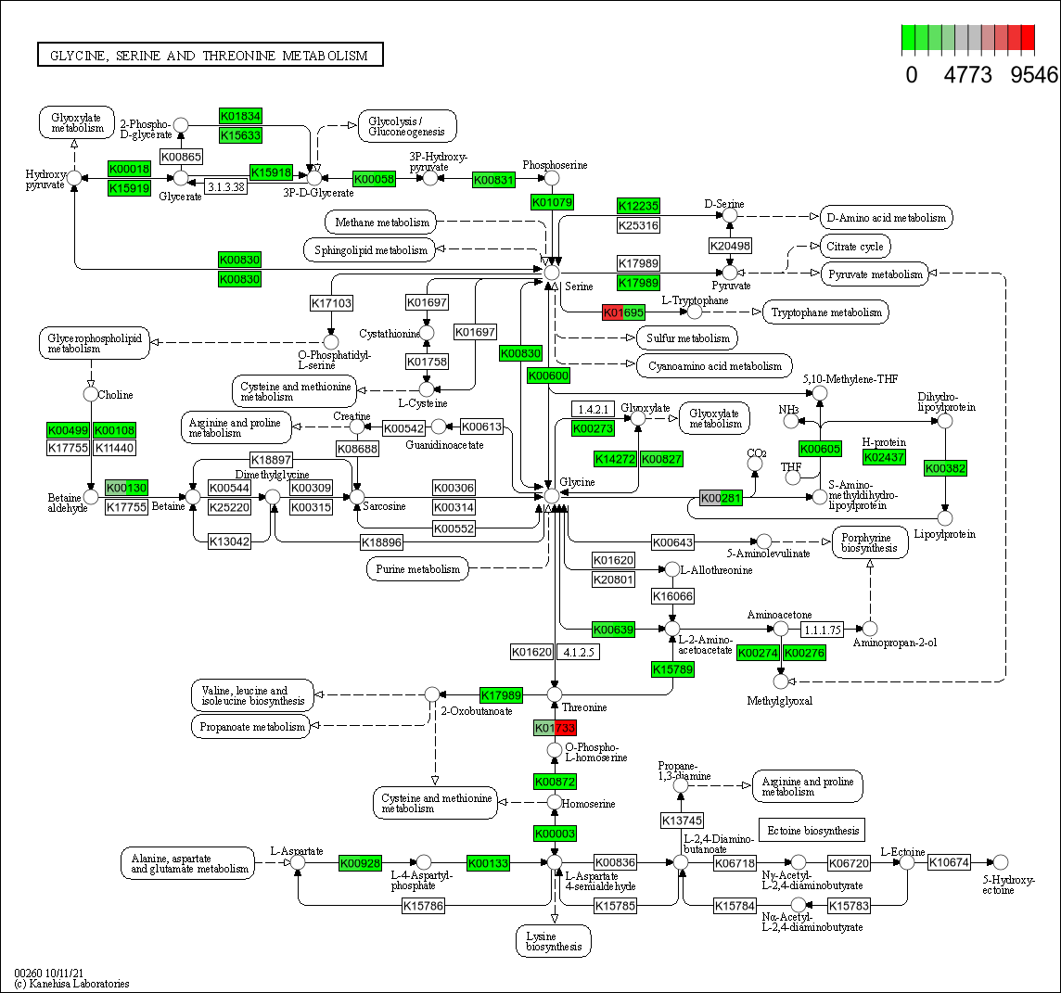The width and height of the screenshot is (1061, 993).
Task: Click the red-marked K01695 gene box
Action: tap(623, 312)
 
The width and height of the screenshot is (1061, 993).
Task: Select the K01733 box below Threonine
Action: tap(555, 728)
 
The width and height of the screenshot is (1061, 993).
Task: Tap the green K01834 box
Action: tap(240, 116)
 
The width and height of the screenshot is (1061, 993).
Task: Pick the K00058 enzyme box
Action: tap(375, 179)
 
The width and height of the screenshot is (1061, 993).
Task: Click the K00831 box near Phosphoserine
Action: tap(493, 179)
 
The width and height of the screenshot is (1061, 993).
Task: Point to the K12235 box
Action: tap(638, 206)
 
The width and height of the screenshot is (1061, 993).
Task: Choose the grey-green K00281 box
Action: tap(721, 498)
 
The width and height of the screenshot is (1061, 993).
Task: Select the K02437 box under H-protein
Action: tap(884, 457)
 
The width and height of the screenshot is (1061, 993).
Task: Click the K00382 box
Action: tap(945, 468)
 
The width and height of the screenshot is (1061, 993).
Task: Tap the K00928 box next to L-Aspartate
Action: tap(360, 863)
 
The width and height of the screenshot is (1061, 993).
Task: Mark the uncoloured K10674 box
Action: tap(949, 862)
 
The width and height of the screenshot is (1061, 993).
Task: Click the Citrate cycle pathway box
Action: tap(854, 247)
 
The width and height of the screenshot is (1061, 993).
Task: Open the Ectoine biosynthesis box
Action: tap(812, 830)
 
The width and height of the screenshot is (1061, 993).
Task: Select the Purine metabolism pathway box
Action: tap(418, 569)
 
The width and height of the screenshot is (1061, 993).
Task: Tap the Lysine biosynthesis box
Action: tap(554, 941)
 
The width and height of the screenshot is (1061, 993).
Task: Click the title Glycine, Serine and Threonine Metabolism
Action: tap(210, 56)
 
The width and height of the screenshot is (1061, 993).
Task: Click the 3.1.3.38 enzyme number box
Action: tap(225, 186)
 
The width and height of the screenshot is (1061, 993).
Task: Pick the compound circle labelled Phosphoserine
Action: tap(552, 178)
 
